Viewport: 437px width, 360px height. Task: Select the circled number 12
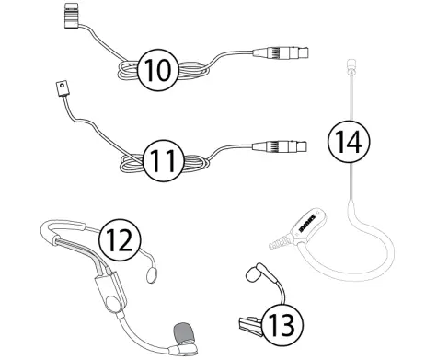click(x=122, y=241)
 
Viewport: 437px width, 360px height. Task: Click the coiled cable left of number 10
click(x=124, y=72)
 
